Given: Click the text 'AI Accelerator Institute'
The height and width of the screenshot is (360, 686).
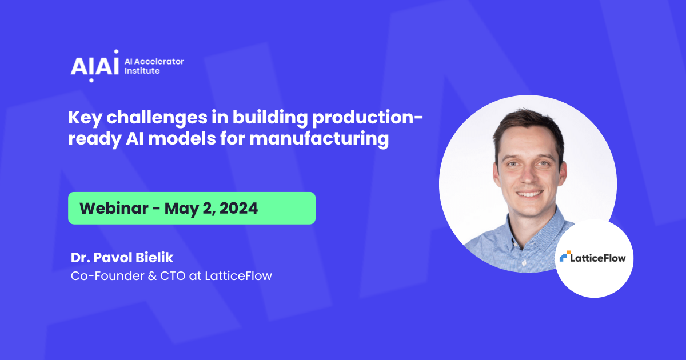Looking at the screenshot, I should tap(154, 66).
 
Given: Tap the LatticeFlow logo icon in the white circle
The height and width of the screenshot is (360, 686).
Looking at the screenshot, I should tap(564, 258).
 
